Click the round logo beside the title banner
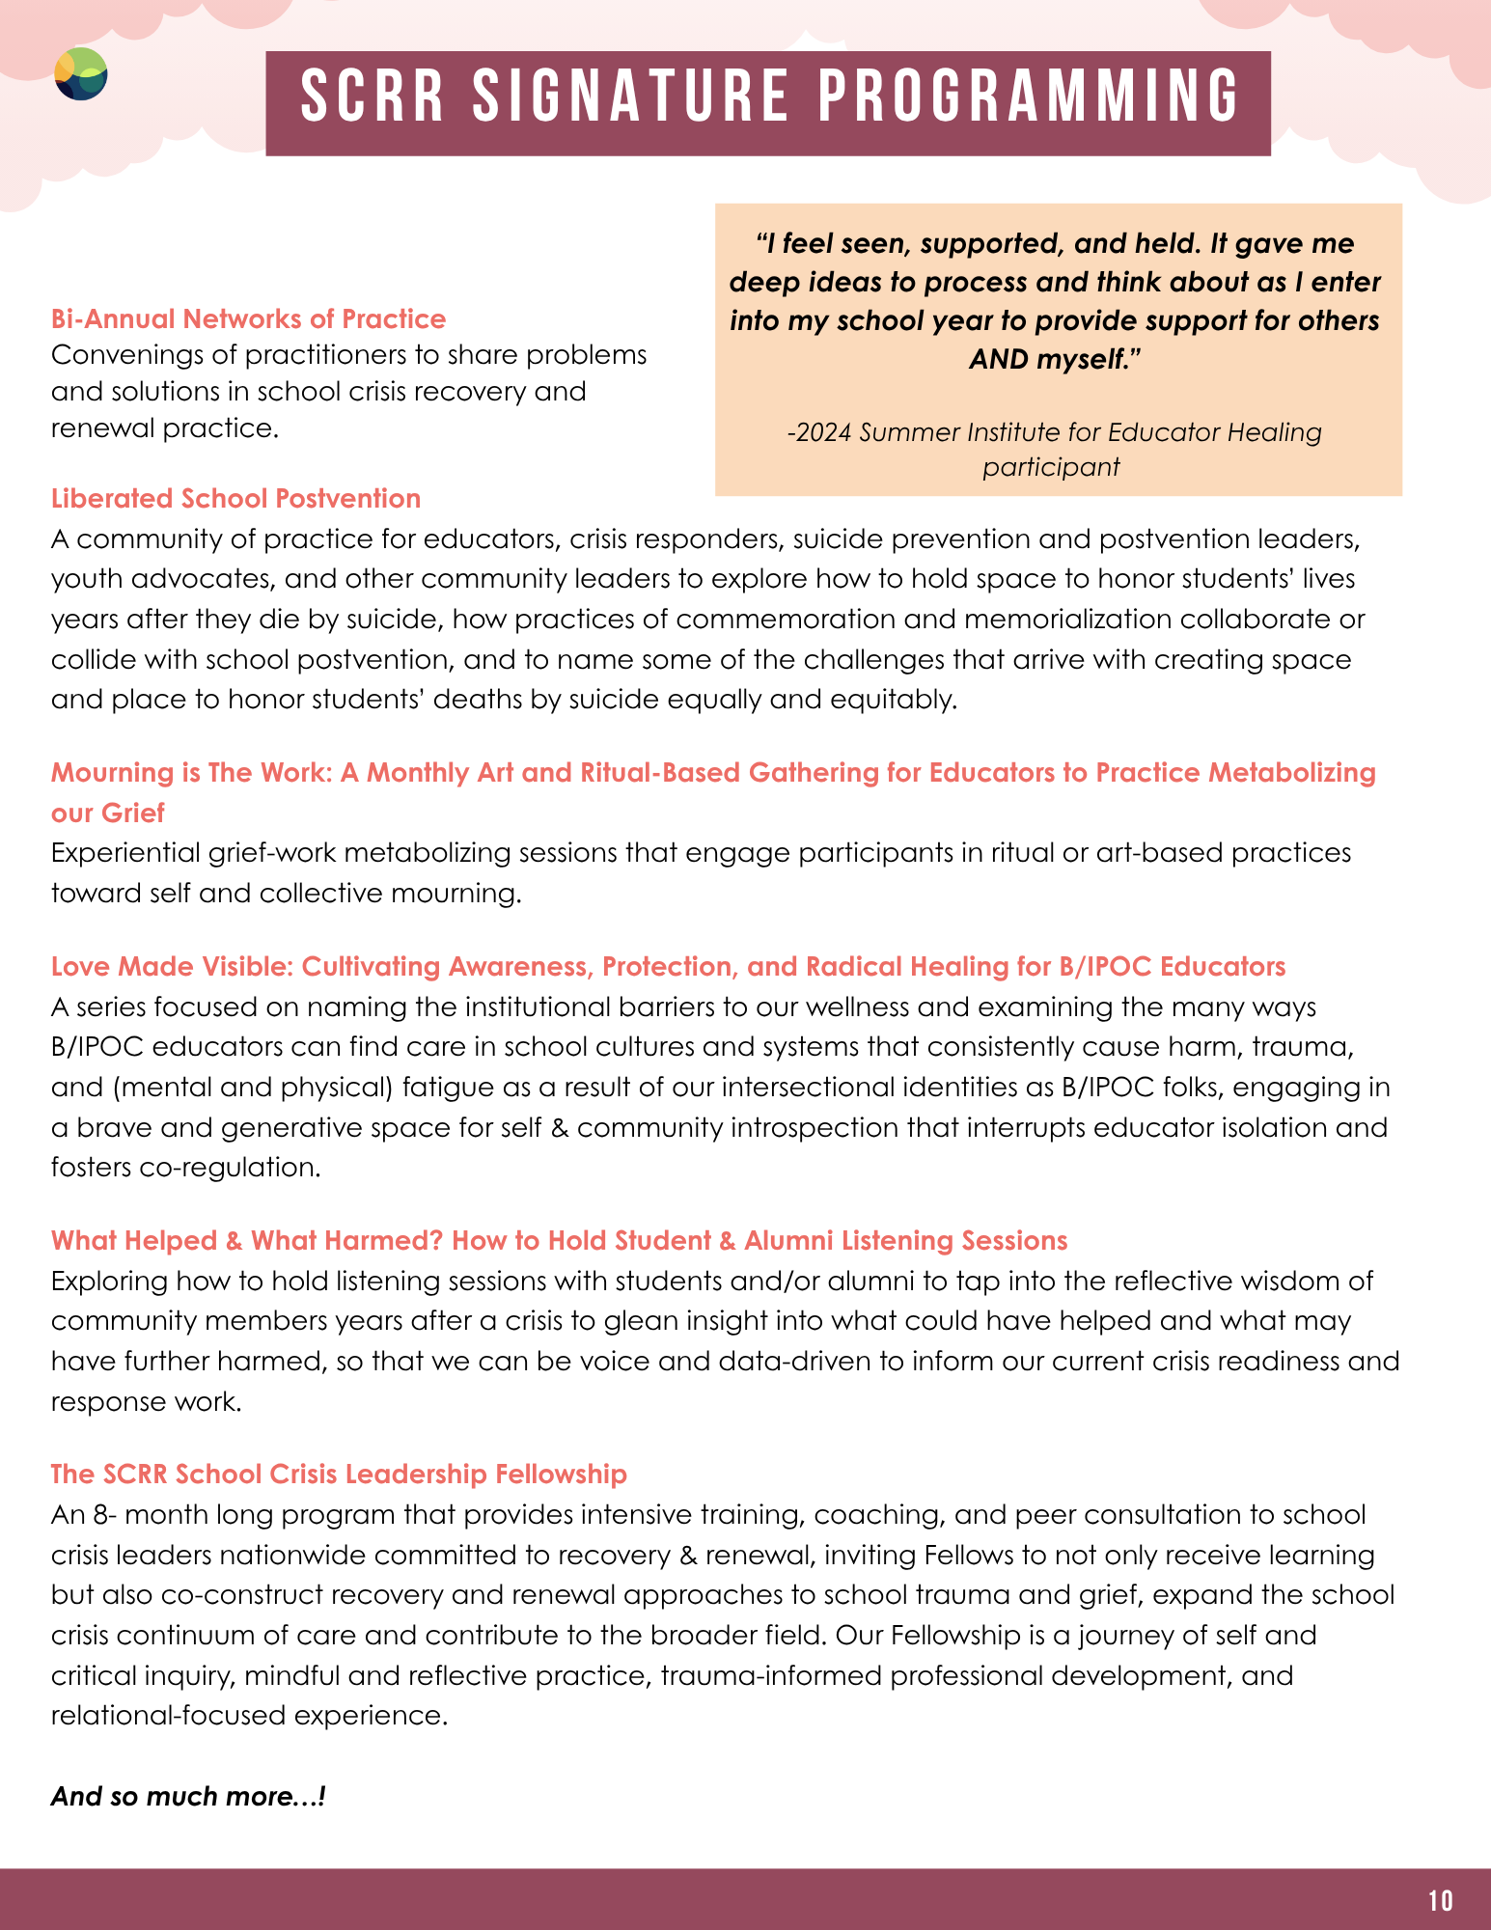81,74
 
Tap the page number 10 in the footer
1440,1900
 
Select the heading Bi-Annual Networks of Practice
248,318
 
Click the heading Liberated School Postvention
235,498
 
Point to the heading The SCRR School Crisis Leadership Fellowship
339,1474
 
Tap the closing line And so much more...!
188,1796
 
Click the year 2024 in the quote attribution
820,431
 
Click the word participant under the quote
1051,467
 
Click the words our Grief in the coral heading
108,813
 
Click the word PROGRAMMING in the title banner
1030,97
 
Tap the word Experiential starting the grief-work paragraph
124,853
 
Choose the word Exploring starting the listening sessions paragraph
109,1281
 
